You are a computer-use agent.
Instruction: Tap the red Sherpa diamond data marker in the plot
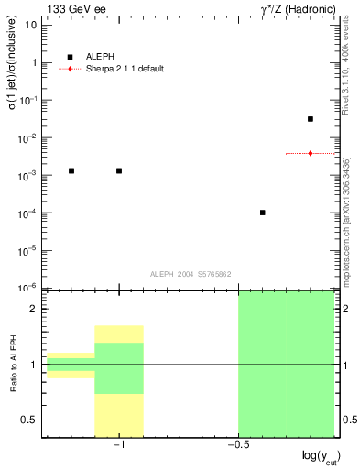click(311, 153)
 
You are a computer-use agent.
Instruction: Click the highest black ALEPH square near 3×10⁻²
click(311, 119)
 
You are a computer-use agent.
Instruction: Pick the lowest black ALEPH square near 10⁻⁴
click(263, 213)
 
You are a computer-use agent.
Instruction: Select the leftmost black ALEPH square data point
click(71, 170)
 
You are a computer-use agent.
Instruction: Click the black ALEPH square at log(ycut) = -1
click(119, 170)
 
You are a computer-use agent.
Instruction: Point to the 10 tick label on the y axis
click(31, 26)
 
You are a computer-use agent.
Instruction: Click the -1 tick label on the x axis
click(117, 444)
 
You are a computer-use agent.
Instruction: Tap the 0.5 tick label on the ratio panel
click(30, 420)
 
